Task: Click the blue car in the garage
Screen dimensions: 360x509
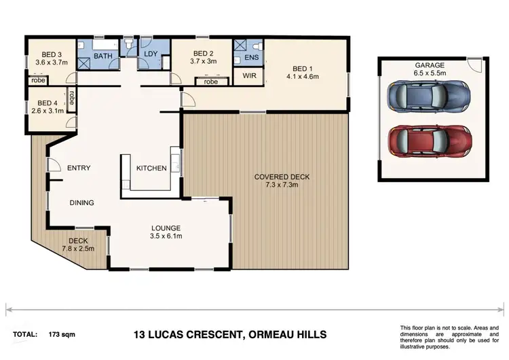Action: tap(428, 98)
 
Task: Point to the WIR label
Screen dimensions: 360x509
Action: tap(250, 76)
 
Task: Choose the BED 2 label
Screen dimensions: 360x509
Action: tap(204, 54)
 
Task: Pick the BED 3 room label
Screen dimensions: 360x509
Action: tap(51, 54)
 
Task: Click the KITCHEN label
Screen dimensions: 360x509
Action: tap(151, 168)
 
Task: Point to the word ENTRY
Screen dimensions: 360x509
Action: tap(78, 168)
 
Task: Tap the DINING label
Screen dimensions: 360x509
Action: tap(82, 202)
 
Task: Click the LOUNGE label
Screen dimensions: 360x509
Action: tap(166, 228)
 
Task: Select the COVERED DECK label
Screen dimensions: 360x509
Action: tap(282, 177)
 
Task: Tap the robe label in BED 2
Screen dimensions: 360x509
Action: tap(210, 82)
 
